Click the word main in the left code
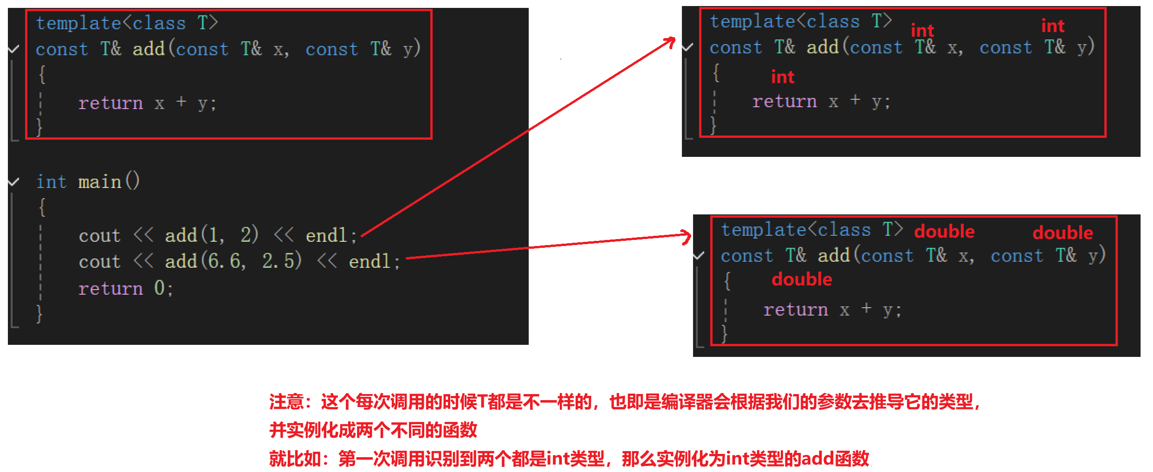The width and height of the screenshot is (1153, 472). point(100,182)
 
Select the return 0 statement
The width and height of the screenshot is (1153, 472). point(125,288)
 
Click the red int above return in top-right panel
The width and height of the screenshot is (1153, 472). point(783,77)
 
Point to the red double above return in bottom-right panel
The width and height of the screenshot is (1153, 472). point(802,279)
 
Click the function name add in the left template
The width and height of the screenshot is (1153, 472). point(149,49)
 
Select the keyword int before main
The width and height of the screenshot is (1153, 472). point(52,182)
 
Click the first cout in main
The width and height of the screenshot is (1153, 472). point(99,235)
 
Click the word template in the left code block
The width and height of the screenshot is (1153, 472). point(78,23)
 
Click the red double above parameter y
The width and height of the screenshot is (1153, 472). point(1062,233)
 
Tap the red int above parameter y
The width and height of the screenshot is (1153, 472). point(1052,26)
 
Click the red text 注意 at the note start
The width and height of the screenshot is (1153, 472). point(286,401)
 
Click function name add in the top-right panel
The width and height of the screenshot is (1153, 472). point(823,47)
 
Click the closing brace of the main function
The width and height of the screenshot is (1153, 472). point(39,314)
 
